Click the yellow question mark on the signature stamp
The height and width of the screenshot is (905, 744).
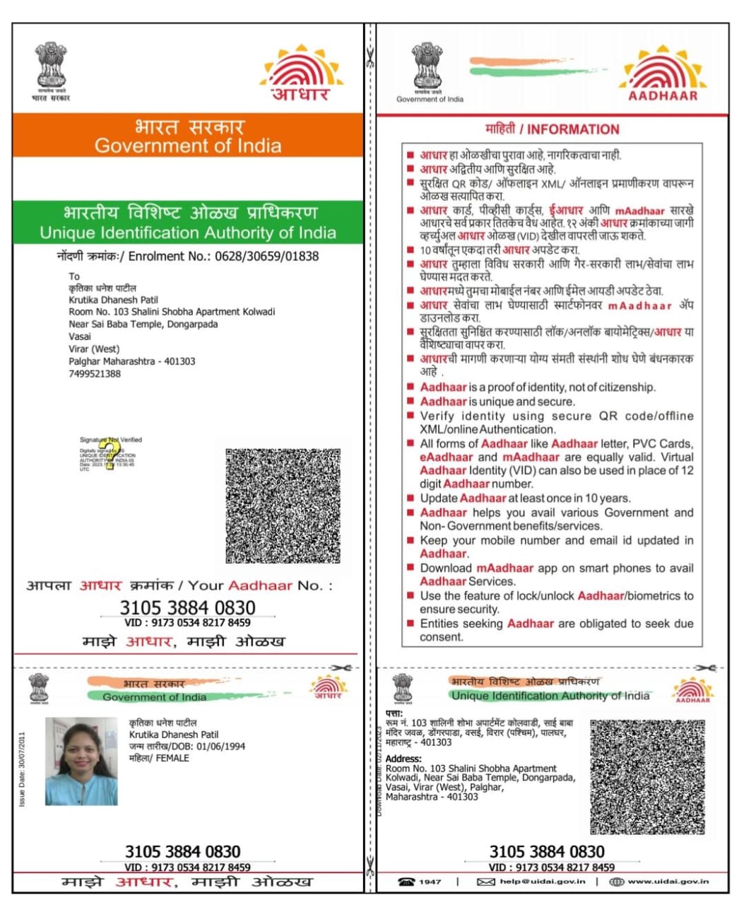click(107, 455)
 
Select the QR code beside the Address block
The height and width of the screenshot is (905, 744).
click(647, 776)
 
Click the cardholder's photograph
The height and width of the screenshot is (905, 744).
click(81, 761)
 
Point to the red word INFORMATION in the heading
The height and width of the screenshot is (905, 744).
click(573, 129)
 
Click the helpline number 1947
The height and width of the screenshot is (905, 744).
click(430, 882)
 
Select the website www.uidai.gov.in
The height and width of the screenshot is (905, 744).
click(668, 882)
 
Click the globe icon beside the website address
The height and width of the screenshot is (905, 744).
click(616, 882)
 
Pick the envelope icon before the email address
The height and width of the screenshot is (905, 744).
click(485, 882)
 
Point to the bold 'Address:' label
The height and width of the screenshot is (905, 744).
click(404, 759)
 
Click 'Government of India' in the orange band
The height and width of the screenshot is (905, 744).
click(188, 146)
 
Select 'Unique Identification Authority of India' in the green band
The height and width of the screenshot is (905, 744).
click(188, 233)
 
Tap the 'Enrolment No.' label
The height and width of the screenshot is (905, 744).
click(168, 256)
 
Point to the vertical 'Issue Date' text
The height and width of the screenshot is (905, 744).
click(22, 769)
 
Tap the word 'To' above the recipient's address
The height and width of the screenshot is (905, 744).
click(74, 276)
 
